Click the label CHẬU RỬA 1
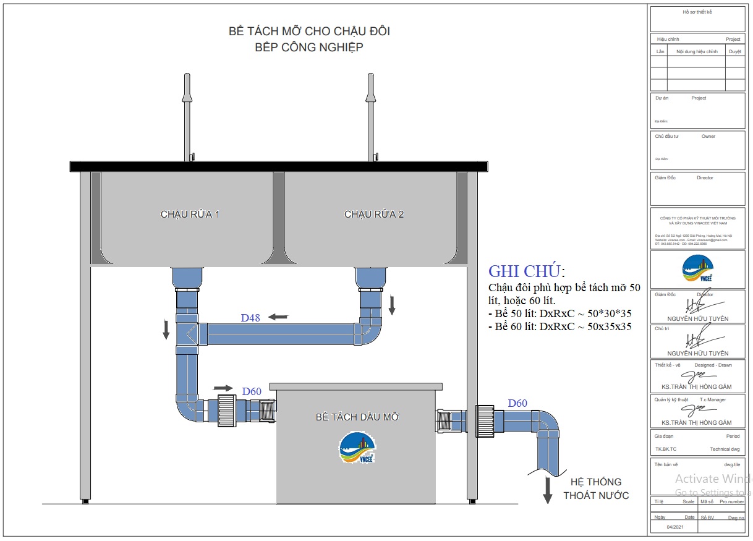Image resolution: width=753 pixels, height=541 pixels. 190,215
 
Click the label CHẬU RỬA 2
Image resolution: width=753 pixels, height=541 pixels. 373,215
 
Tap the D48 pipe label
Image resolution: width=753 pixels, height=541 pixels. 250,318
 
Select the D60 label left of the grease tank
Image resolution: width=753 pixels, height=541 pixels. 252,391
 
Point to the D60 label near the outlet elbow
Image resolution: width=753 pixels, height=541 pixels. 517,404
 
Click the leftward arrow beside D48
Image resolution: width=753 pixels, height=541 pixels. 278,317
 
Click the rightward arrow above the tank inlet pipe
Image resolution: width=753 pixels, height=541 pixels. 223,388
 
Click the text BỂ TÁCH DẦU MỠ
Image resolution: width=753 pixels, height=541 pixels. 357,417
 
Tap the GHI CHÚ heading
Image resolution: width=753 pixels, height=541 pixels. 525,271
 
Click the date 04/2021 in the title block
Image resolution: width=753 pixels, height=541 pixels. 675,527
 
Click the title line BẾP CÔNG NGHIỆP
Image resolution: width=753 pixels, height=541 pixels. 309,48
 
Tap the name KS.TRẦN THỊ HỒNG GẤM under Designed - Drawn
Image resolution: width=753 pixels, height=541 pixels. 696,387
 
